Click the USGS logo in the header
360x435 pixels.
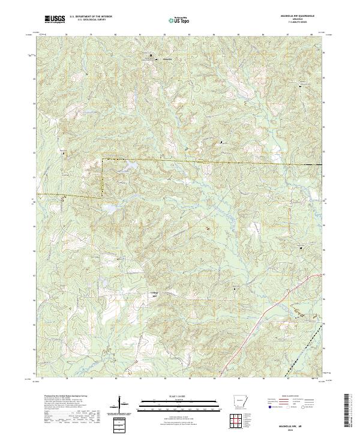pos(54,20)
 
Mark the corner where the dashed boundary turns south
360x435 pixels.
pos(101,159)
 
